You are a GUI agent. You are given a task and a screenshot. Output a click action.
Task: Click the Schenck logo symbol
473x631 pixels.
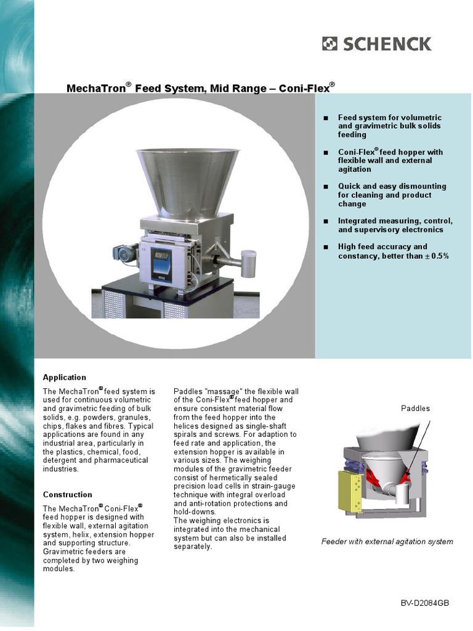[329, 44]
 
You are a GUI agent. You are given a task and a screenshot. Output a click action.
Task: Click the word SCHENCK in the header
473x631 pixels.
[387, 44]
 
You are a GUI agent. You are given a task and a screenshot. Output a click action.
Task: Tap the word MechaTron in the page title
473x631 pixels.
[95, 89]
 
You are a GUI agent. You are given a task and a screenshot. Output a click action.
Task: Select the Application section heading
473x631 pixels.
[64, 377]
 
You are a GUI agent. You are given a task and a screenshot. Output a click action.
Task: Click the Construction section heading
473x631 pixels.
[67, 494]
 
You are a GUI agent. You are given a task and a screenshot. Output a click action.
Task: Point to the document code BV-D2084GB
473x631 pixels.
[425, 602]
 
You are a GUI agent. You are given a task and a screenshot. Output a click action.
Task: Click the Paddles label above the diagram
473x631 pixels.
[415, 409]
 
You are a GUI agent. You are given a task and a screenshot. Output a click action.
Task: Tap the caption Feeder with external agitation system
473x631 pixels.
[387, 542]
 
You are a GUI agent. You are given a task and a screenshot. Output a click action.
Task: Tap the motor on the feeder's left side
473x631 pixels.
[125, 251]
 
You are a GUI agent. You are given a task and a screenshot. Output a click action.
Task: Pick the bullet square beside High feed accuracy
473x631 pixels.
[326, 247]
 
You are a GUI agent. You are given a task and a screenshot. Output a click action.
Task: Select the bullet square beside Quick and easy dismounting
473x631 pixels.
[326, 187]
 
